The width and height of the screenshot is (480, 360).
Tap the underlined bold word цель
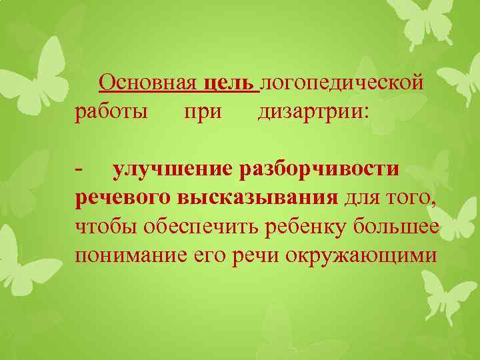point(227,83)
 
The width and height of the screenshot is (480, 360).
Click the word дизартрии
point(312,110)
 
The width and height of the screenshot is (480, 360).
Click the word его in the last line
point(210,255)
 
